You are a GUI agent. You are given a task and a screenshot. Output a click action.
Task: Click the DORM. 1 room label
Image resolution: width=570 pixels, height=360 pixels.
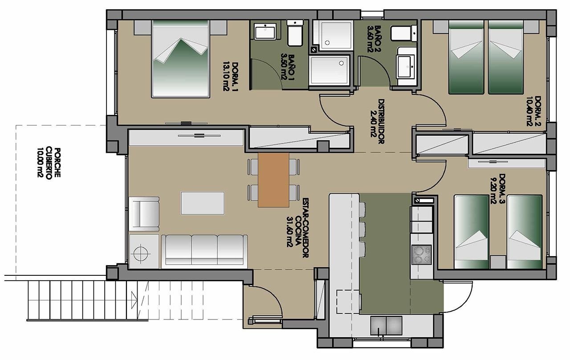(x=231, y=76)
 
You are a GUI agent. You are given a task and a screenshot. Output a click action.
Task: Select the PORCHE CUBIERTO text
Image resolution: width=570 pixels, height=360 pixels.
(x=49, y=163)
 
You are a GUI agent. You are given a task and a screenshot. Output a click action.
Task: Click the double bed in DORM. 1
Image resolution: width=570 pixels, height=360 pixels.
(x=180, y=59)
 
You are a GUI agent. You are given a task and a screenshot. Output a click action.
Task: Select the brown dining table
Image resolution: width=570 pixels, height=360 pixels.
(x=273, y=180)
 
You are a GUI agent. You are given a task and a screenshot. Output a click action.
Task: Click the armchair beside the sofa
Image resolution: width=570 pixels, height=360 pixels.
(x=144, y=213)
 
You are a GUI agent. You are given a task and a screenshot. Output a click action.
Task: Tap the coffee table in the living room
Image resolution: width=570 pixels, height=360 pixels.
(x=203, y=203)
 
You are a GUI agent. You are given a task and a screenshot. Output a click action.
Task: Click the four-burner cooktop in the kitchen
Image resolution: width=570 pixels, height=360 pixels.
(x=422, y=254)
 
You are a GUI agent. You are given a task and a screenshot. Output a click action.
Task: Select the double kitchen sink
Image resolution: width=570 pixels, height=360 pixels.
(x=386, y=326)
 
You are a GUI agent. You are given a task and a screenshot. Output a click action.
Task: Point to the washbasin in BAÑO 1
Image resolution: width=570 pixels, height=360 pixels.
(x=265, y=32)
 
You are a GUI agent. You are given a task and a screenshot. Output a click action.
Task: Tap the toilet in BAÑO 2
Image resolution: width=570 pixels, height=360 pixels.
(x=403, y=33)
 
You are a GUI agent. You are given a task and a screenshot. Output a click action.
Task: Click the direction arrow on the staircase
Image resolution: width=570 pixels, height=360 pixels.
(x=134, y=300)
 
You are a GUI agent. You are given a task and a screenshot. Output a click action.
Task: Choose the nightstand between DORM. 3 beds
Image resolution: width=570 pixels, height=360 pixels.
(x=498, y=262)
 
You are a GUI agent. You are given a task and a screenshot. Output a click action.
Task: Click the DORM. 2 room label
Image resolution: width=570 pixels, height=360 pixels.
(x=533, y=111)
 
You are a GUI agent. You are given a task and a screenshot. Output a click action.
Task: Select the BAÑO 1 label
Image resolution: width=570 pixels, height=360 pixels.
(x=288, y=67)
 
